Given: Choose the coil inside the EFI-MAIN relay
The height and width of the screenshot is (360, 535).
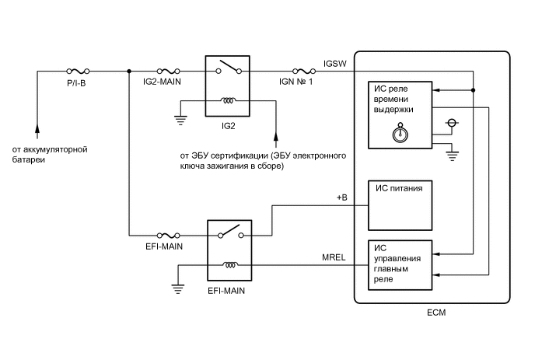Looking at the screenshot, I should tap(230, 265).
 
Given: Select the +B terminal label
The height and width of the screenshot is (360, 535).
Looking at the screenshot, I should tap(341, 198).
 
